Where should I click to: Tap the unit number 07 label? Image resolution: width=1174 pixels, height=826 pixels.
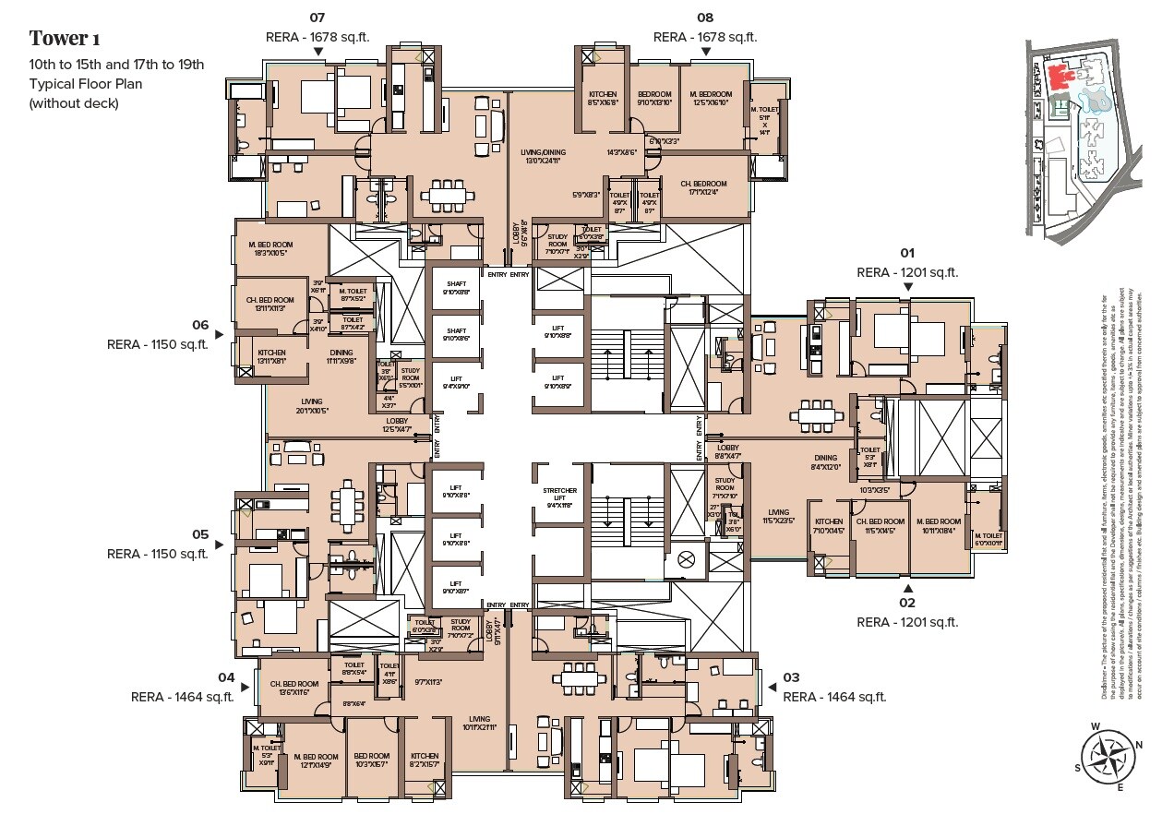[317, 18]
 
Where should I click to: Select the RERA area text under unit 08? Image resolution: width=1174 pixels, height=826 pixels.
[704, 37]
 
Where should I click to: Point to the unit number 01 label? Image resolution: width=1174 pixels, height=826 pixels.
[907, 253]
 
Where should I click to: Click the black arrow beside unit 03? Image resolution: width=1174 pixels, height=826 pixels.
[771, 687]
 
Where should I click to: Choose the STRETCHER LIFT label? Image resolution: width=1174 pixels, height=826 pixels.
[560, 497]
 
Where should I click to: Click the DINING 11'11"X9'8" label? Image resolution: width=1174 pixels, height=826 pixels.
[341, 357]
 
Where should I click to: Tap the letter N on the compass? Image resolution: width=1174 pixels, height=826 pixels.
[1139, 746]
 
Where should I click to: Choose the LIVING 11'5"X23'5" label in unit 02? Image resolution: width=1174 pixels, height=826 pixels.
[779, 517]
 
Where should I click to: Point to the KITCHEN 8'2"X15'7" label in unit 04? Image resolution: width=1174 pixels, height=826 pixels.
[425, 760]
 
